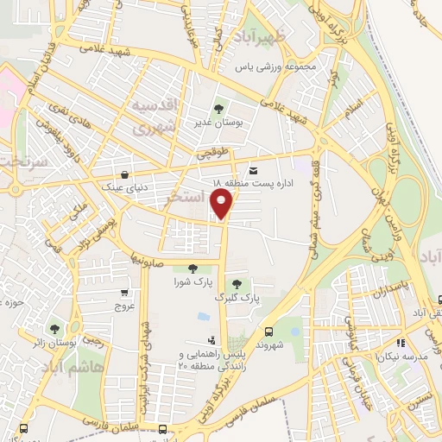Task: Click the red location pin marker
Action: click(x=223, y=204)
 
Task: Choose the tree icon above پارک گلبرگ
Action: click(x=236, y=284)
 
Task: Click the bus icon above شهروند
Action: click(x=268, y=331)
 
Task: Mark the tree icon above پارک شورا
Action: click(x=192, y=268)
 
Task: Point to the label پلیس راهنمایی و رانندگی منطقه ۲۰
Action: click(x=210, y=360)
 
